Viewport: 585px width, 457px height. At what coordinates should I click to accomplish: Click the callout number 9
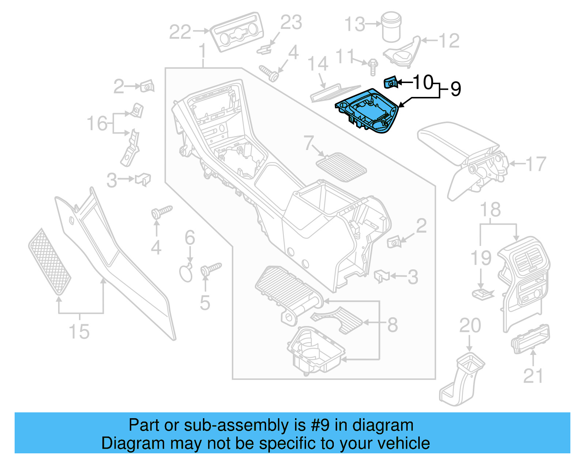coord(456,89)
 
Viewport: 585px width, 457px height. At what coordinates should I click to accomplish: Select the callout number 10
coord(423,82)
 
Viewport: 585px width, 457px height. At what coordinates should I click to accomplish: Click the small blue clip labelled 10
coord(390,83)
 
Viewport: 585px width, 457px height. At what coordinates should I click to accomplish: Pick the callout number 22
coord(180,32)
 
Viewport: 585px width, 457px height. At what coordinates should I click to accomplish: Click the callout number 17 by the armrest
coord(536,164)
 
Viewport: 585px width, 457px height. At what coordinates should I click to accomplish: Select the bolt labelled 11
coord(373,68)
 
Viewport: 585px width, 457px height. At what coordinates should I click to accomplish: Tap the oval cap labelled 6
coord(186,273)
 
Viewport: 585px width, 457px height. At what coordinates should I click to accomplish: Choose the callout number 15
coord(79,331)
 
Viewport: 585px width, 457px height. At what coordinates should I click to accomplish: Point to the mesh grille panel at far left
coord(49,262)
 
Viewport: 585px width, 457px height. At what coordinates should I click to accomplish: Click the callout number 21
coord(533,376)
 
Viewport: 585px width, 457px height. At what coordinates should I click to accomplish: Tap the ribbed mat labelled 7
coord(341,168)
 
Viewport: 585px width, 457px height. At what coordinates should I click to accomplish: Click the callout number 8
coord(392,325)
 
